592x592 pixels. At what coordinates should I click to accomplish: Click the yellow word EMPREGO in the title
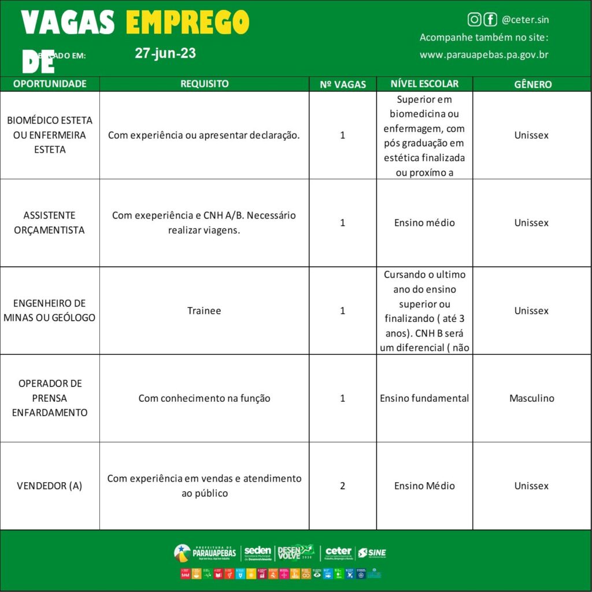click(x=187, y=23)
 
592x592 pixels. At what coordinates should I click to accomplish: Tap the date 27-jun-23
click(x=165, y=53)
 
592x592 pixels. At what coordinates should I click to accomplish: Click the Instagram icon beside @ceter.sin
click(x=474, y=20)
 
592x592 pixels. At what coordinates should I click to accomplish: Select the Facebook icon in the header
click(x=490, y=20)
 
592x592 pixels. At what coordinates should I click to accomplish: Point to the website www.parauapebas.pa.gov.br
click(x=484, y=55)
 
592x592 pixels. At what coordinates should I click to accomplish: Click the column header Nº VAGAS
click(x=343, y=84)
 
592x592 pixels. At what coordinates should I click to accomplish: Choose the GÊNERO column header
click(x=532, y=84)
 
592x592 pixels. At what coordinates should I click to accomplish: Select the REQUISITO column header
click(x=204, y=84)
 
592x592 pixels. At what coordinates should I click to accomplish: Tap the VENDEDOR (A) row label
click(x=50, y=486)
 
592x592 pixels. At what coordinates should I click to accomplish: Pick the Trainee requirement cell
click(x=204, y=310)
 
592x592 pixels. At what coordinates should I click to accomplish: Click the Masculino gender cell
click(x=532, y=398)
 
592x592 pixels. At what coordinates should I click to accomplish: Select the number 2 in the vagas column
click(x=343, y=486)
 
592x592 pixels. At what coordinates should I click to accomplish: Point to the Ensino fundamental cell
click(x=424, y=398)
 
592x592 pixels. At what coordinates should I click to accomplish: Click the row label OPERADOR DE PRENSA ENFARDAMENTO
click(x=50, y=398)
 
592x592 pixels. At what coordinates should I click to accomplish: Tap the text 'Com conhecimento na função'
click(x=204, y=398)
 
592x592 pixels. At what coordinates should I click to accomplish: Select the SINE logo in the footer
click(x=372, y=553)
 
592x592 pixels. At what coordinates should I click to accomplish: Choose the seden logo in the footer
click(x=257, y=553)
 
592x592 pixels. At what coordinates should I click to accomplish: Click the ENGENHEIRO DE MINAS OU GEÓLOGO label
click(x=50, y=310)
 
